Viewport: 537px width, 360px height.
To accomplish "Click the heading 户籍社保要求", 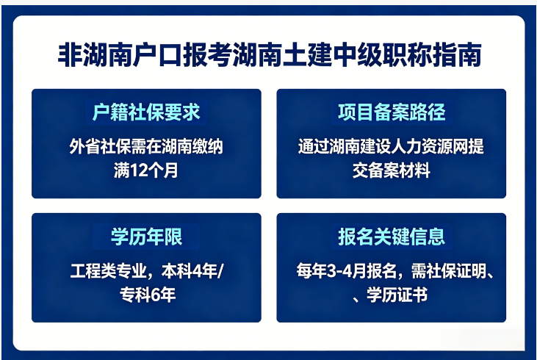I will (x=145, y=112).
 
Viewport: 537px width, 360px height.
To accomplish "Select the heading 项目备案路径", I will (x=391, y=112).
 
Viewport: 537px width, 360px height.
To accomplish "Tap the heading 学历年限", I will (x=145, y=237).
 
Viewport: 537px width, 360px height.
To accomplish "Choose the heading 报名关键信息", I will (x=391, y=237).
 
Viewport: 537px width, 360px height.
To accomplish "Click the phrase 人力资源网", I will (x=432, y=146).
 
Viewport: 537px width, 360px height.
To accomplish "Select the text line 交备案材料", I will (x=391, y=171).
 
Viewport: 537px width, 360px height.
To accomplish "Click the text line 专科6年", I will (x=145, y=296).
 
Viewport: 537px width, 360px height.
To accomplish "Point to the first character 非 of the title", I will (x=67, y=57).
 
